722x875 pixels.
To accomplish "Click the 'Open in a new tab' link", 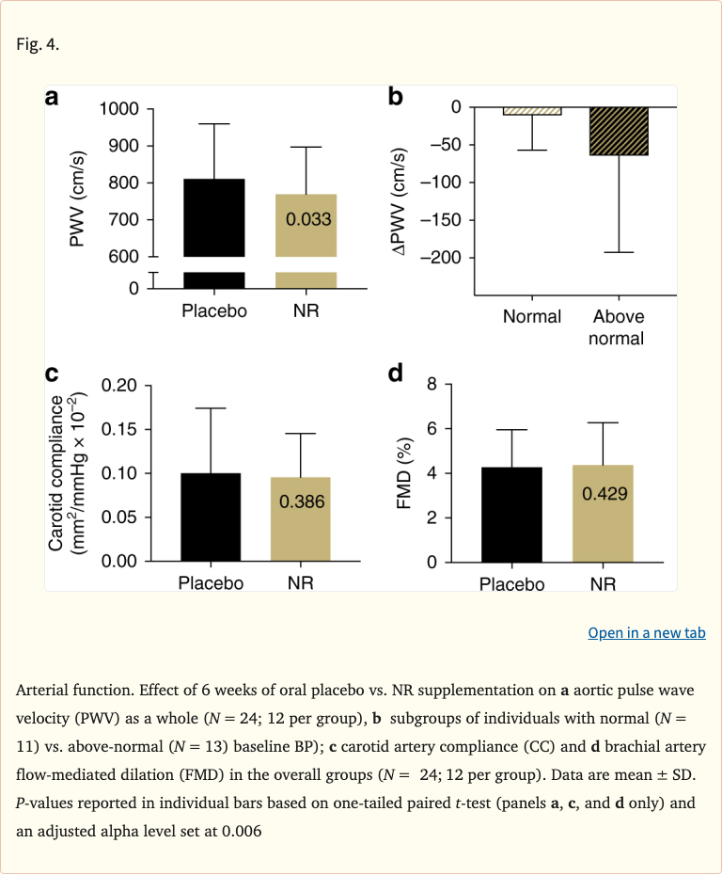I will pyautogui.click(x=646, y=633).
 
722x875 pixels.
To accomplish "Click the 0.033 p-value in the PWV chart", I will pyautogui.click(x=306, y=220).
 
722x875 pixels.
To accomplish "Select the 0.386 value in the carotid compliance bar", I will pyautogui.click(x=301, y=501).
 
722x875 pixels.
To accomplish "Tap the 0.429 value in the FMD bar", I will pyautogui.click(x=604, y=493).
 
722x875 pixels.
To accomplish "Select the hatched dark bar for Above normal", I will pyautogui.click(x=619, y=131).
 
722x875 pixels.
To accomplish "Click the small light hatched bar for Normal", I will pyautogui.click(x=532, y=111).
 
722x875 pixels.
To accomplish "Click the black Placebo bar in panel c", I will pyautogui.click(x=211, y=517).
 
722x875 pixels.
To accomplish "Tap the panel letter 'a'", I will pyautogui.click(x=53, y=97).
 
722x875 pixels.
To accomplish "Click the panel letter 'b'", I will pyautogui.click(x=396, y=96).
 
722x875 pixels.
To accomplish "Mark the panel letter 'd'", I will pyautogui.click(x=396, y=374).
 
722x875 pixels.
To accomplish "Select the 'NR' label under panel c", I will pyautogui.click(x=301, y=583).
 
